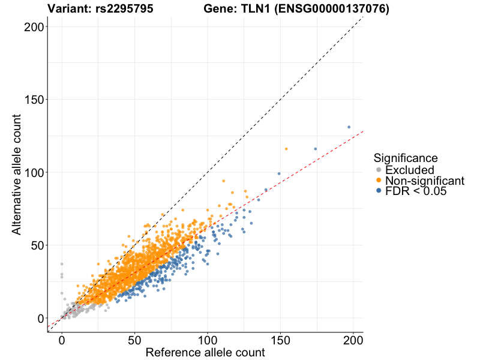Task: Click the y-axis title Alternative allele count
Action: pyautogui.click(x=17, y=173)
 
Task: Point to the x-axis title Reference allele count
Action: pyautogui.click(x=205, y=353)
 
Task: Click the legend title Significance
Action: pyautogui.click(x=405, y=158)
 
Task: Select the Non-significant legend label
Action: pyautogui.click(x=425, y=181)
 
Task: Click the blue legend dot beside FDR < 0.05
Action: pyautogui.click(x=378, y=191)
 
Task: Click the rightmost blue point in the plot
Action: pyautogui.click(x=349, y=127)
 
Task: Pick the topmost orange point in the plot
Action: pyautogui.click(x=286, y=149)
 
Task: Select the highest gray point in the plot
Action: pyautogui.click(x=61, y=264)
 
